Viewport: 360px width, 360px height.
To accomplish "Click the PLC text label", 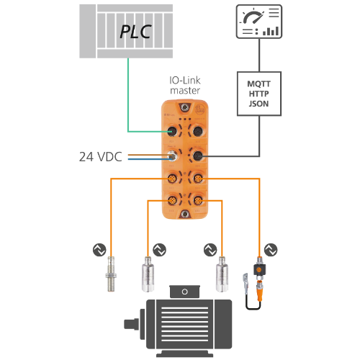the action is point(135,32).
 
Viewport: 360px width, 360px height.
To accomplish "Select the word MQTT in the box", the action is point(258,84).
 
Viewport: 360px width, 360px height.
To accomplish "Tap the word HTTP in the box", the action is point(258,94).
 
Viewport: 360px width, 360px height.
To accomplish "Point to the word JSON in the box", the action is point(258,104).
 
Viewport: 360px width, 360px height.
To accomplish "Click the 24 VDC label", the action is point(101,157).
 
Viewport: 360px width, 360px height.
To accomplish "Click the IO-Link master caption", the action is point(185,85).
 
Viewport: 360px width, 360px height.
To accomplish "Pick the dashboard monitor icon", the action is point(259,22).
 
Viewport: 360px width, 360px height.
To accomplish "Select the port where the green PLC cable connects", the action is point(172,131).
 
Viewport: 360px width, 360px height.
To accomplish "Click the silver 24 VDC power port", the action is point(172,156).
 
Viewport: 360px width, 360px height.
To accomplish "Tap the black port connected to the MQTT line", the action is point(198,156).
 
